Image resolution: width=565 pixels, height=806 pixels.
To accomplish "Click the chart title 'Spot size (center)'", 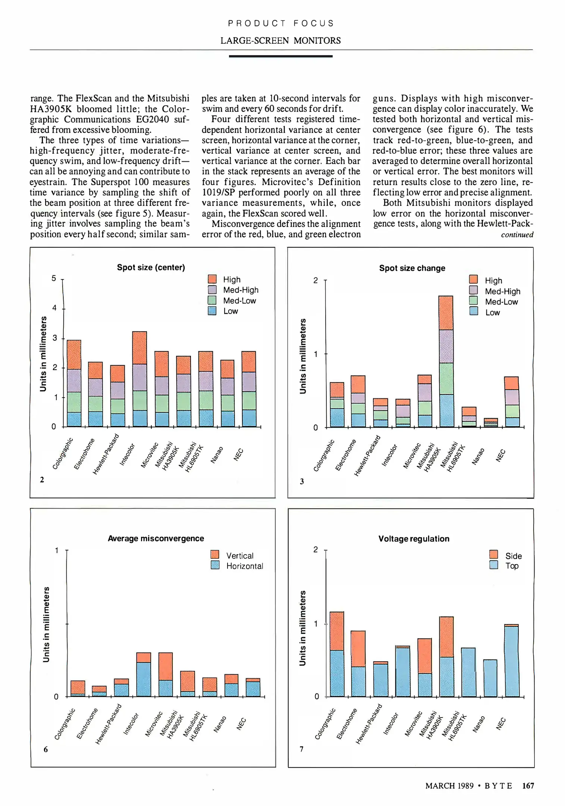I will [x=151, y=268].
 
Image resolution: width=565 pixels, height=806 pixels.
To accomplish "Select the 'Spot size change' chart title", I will [x=412, y=268].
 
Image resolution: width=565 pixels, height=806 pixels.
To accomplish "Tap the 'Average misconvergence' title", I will [x=156, y=538].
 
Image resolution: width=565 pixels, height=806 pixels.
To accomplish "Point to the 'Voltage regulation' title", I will [x=414, y=539].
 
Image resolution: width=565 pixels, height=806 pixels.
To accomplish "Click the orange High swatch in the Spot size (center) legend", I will [x=212, y=279].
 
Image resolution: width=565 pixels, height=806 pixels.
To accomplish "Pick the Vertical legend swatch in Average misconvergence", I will [x=215, y=554].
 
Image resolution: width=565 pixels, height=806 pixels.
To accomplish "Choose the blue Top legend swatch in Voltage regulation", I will [x=493, y=565].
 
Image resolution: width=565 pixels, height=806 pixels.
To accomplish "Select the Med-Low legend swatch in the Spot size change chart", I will [x=474, y=301].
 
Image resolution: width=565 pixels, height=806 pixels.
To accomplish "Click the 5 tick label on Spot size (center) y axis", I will [x=54, y=278].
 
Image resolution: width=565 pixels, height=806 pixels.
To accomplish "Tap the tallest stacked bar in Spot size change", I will [x=446, y=361].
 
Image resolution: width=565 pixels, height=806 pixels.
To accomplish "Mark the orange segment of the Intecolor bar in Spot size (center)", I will [x=139, y=347].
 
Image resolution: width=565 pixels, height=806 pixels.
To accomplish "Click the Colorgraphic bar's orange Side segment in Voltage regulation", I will [x=337, y=631].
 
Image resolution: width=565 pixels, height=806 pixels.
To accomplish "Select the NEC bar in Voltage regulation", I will [x=511, y=661].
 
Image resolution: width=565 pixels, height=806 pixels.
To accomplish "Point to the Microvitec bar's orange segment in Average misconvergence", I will [x=166, y=666].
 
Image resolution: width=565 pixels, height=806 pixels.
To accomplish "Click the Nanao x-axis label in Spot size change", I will [x=478, y=456].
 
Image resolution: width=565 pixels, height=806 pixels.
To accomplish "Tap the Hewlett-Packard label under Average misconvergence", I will [x=109, y=724].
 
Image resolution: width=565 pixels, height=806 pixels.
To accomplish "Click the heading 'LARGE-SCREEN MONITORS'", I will [x=280, y=41].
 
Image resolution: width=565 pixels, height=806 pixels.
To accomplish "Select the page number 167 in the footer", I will [x=528, y=785].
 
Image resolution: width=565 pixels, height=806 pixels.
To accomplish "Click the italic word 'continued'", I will [x=517, y=235].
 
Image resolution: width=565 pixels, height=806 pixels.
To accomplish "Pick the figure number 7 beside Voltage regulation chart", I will [x=301, y=749].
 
